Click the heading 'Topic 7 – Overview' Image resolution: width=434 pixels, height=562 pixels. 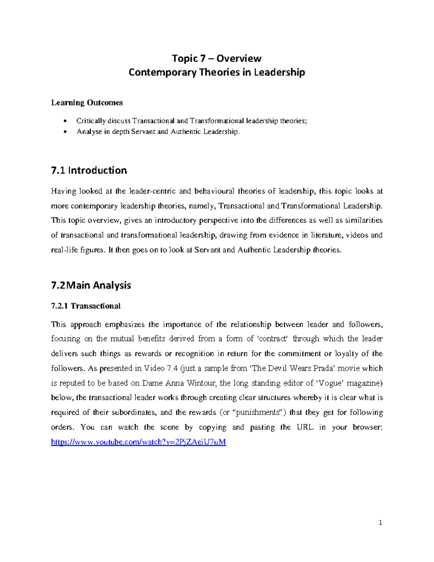(x=217, y=58)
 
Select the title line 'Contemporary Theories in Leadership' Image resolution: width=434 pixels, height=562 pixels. (x=217, y=72)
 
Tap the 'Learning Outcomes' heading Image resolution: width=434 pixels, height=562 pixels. (x=87, y=103)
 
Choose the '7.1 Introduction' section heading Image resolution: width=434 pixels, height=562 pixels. (x=89, y=170)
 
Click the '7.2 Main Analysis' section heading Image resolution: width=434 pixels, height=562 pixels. (x=91, y=286)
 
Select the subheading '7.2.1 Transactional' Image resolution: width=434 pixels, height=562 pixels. (x=86, y=306)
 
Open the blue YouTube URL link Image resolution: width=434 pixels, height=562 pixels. (x=139, y=442)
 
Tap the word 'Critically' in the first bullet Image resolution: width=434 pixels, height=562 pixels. (x=91, y=121)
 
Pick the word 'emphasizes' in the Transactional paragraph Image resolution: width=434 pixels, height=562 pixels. (x=125, y=325)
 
